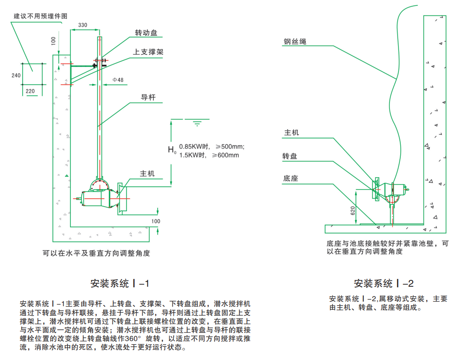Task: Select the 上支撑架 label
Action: tap(148, 52)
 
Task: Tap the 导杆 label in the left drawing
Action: tap(148, 97)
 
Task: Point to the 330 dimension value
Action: tap(83, 25)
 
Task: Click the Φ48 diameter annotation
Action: tap(118, 80)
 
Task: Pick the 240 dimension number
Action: tap(16, 76)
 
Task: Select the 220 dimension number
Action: tap(30, 91)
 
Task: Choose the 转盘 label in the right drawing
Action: tap(290, 156)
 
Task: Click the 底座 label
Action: tap(291, 179)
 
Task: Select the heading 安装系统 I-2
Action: tap(384, 284)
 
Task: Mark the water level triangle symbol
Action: tap(197, 123)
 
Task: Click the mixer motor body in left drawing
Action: tap(98, 198)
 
